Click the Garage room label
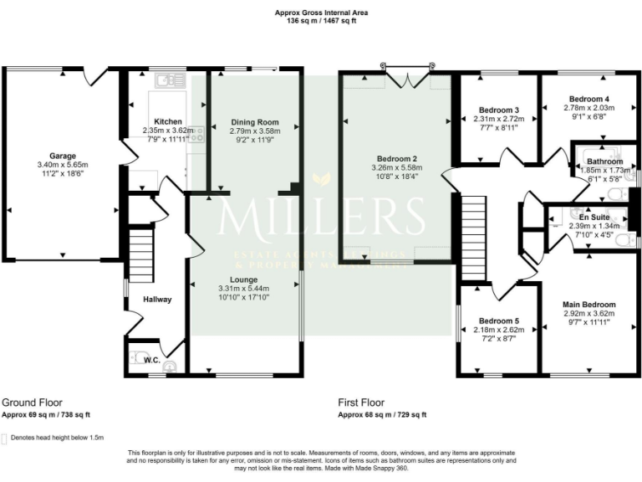click(x=62, y=156)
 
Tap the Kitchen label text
click(x=168, y=122)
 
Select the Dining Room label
click(x=255, y=122)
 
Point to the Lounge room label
click(x=243, y=279)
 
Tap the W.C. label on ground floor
click(x=152, y=361)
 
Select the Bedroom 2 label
click(x=396, y=159)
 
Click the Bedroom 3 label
click(x=499, y=110)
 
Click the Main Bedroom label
click(x=588, y=305)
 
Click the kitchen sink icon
click(x=174, y=81)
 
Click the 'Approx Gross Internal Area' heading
click(x=321, y=13)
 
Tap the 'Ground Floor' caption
click(x=32, y=403)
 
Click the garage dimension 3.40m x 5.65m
click(x=62, y=166)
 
